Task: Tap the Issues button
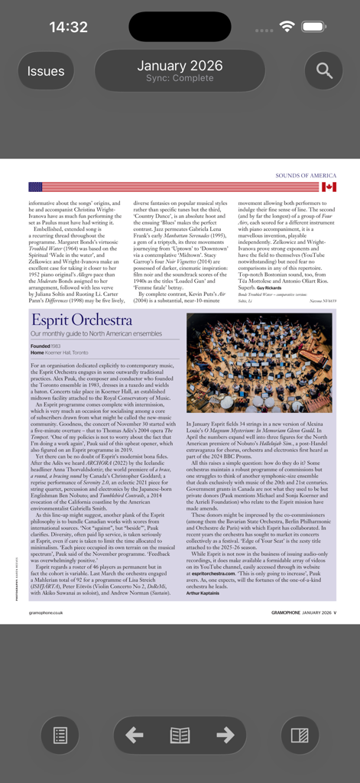click(x=46, y=71)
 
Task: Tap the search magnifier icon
click(x=324, y=71)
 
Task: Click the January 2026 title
click(x=180, y=66)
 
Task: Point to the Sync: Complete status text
click(x=180, y=79)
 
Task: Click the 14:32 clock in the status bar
click(x=69, y=27)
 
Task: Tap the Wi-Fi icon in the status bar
click(x=287, y=27)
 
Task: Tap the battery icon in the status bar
click(x=313, y=27)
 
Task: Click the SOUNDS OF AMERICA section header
click(x=306, y=176)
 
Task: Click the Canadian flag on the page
click(x=329, y=187)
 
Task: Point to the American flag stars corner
click(x=35, y=187)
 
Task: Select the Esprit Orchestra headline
click(x=70, y=320)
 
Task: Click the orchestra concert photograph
click(x=259, y=362)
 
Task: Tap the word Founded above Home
click(x=40, y=346)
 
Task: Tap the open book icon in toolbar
click(x=180, y=736)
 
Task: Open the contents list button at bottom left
click(x=60, y=736)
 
